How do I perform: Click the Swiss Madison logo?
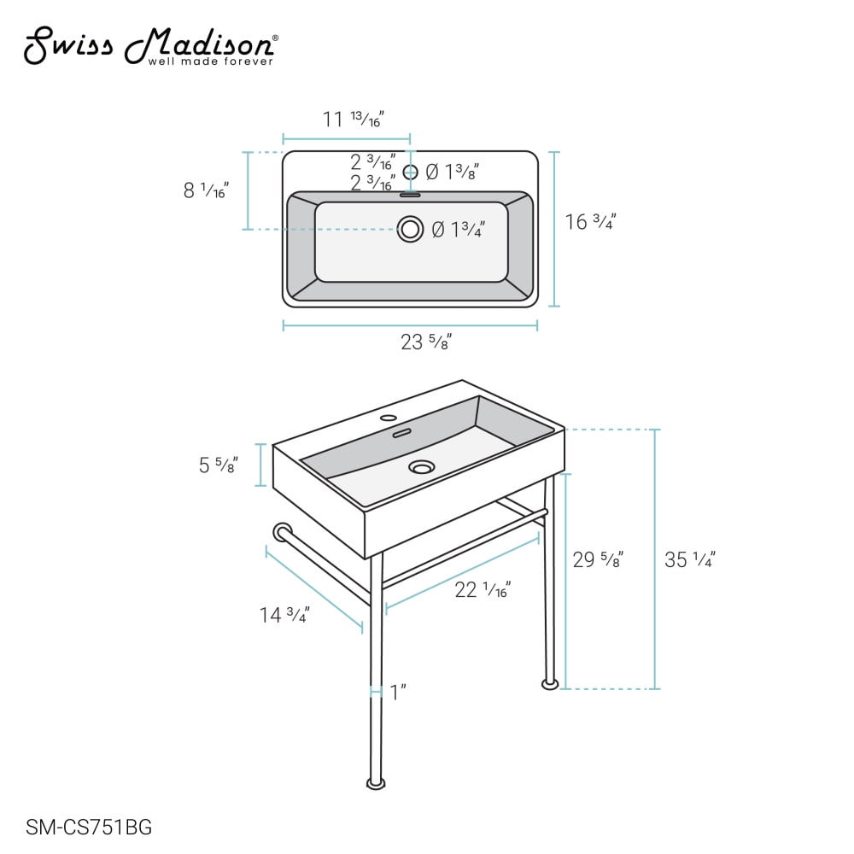coord(151,46)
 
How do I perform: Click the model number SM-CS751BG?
coord(89,828)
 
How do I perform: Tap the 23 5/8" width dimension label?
coord(426,342)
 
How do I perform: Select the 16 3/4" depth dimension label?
coord(590,222)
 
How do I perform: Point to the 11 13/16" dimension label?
coord(354,119)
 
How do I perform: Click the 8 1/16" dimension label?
coord(207,190)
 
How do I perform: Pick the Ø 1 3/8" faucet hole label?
coord(452,172)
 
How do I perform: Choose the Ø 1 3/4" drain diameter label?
coord(458,229)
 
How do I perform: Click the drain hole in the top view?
coord(410,229)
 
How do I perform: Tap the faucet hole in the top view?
coord(410,173)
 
